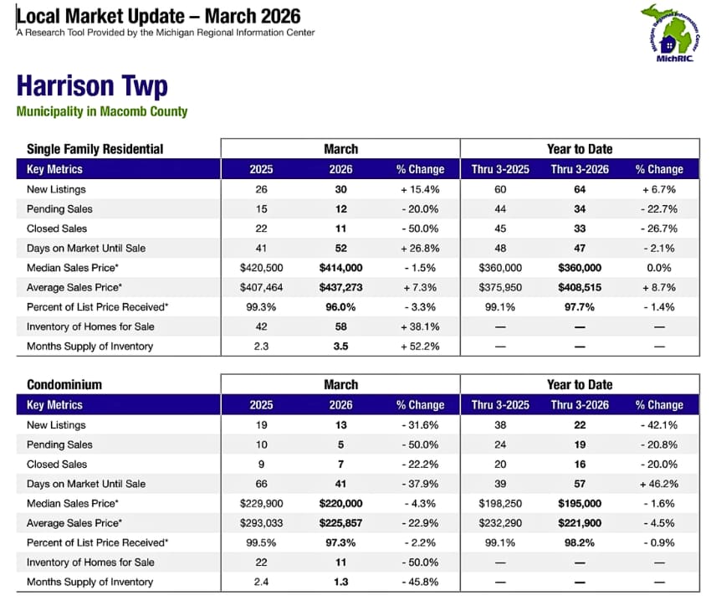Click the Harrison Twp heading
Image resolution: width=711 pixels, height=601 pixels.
pyautogui.click(x=92, y=86)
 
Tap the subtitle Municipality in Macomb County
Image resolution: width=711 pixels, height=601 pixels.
pyautogui.click(x=102, y=111)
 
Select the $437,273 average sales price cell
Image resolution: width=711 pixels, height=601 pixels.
pyautogui.click(x=340, y=287)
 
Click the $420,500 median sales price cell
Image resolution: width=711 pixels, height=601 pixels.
pyautogui.click(x=261, y=268)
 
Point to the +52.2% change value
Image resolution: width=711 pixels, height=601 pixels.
pyautogui.click(x=420, y=346)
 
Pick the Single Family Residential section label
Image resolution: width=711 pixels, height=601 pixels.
pyautogui.click(x=95, y=149)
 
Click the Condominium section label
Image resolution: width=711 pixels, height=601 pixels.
pyautogui.click(x=64, y=385)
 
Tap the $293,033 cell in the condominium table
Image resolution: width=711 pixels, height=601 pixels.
pyautogui.click(x=261, y=523)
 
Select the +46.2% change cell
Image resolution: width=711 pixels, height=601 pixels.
pyautogui.click(x=659, y=484)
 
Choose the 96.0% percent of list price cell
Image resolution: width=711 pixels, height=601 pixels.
pyautogui.click(x=340, y=307)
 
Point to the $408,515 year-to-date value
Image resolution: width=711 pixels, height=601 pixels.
pyautogui.click(x=579, y=287)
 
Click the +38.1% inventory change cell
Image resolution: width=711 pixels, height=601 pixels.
pyautogui.click(x=420, y=326)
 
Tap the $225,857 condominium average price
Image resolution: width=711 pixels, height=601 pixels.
pyautogui.click(x=340, y=523)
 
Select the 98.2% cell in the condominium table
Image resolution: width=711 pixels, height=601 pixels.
pyautogui.click(x=579, y=542)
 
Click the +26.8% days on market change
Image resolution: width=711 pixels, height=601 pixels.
pyautogui.click(x=420, y=248)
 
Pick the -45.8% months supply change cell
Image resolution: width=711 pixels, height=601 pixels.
pyautogui.click(x=420, y=582)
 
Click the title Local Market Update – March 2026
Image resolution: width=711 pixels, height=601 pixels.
pyautogui.click(x=159, y=16)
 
